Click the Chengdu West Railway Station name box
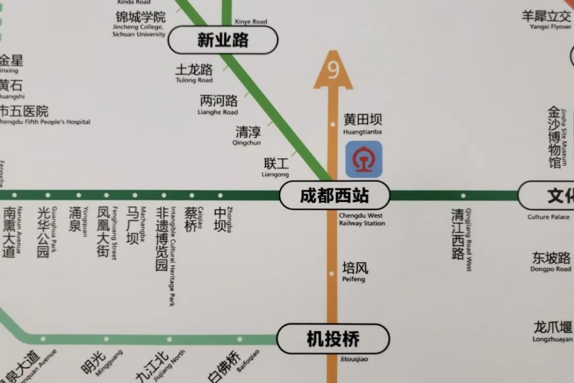click(334, 196)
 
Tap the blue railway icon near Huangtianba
click(363, 159)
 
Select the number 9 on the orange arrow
click(333, 69)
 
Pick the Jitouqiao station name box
click(333, 339)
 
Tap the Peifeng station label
click(355, 270)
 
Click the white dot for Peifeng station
click(332, 273)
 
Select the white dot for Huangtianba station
click(332, 124)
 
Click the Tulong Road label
click(194, 73)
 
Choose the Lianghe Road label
click(219, 104)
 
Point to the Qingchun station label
click(247, 135)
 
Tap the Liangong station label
click(276, 167)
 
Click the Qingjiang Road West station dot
click(463, 196)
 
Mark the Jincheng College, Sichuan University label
click(140, 24)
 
